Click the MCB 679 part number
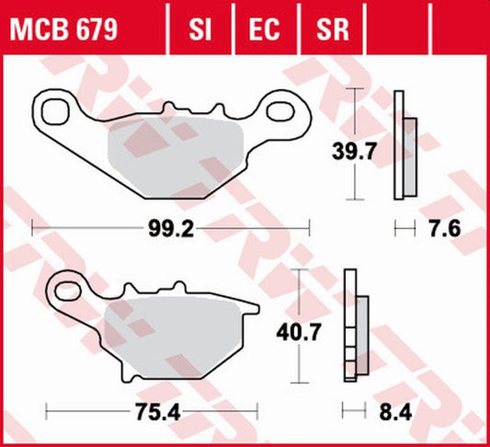(63, 30)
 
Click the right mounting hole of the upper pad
(279, 112)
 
